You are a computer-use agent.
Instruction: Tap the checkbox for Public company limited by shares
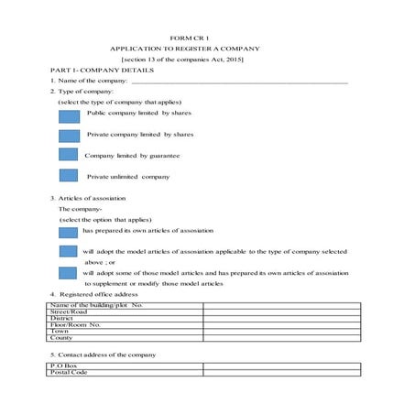coord(69,116)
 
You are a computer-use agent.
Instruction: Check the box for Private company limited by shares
coord(69,136)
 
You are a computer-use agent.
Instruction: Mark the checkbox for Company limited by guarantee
coord(69,156)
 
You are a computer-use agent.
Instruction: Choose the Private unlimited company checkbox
coord(69,175)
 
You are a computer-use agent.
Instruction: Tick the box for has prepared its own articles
coord(69,232)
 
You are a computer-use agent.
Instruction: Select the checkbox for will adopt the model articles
coord(69,251)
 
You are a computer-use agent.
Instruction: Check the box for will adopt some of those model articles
coord(69,272)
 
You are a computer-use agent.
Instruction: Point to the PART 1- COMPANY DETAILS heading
coord(102,70)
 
